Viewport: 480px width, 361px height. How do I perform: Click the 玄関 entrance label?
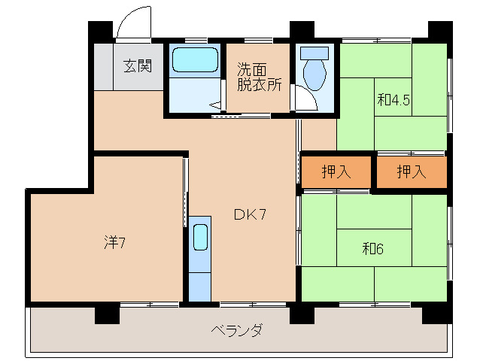[138, 65]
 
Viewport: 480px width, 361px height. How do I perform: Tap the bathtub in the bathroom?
[194, 60]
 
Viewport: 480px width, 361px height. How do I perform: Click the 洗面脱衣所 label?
[259, 75]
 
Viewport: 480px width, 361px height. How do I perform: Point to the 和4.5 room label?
[394, 99]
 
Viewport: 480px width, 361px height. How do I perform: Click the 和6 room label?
[373, 248]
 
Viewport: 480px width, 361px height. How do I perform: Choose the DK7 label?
[250, 215]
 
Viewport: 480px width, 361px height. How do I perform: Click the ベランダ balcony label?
[236, 330]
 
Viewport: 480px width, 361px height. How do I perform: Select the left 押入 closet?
[336, 172]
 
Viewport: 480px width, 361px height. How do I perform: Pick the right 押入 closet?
[412, 172]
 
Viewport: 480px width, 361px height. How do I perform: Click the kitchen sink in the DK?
[199, 238]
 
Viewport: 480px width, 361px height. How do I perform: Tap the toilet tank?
[315, 53]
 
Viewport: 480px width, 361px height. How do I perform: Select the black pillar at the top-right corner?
[439, 31]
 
